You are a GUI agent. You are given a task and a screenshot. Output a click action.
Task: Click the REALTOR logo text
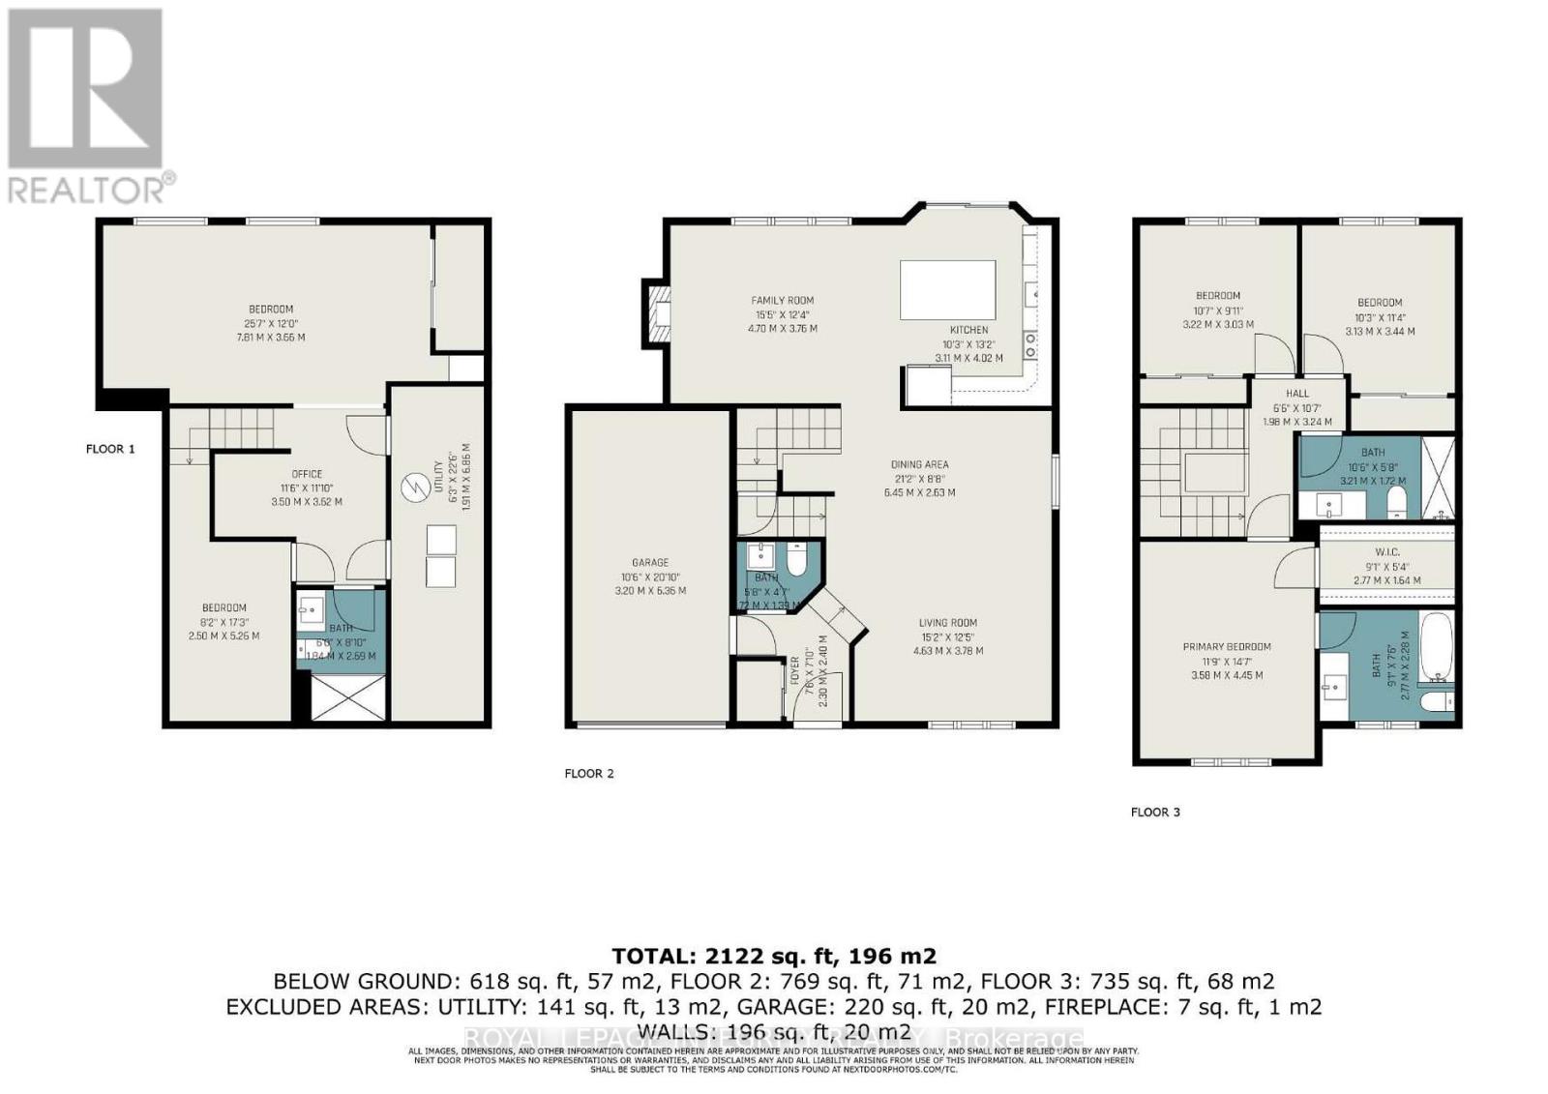click(92, 188)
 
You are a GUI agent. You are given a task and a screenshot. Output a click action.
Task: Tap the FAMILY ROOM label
click(783, 301)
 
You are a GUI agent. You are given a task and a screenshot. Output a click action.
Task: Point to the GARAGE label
click(650, 563)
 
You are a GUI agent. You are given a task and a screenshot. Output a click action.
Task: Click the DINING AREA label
click(919, 464)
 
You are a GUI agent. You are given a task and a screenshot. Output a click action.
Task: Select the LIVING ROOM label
click(947, 623)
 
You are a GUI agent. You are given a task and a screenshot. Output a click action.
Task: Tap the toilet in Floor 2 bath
click(795, 560)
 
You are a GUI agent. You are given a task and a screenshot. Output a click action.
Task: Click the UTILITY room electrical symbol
click(414, 486)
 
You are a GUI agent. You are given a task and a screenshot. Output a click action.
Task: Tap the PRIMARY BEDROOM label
click(1226, 647)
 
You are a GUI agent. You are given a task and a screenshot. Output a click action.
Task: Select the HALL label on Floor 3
click(1296, 394)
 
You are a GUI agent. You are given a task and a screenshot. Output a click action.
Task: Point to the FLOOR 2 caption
click(589, 774)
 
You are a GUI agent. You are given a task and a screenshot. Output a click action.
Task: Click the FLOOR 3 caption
click(1155, 813)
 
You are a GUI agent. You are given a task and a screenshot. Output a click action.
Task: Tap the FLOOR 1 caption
click(110, 449)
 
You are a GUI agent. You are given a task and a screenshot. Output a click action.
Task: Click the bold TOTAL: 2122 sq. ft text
click(774, 957)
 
